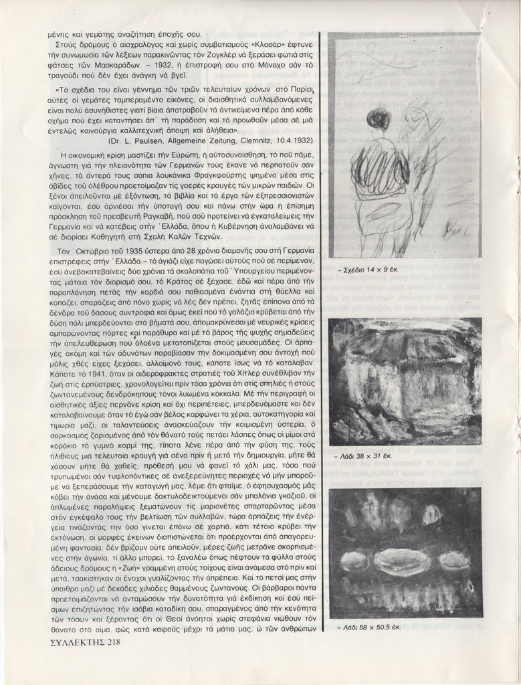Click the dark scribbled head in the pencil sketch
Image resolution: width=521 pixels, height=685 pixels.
pyautogui.click(x=378, y=119)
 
